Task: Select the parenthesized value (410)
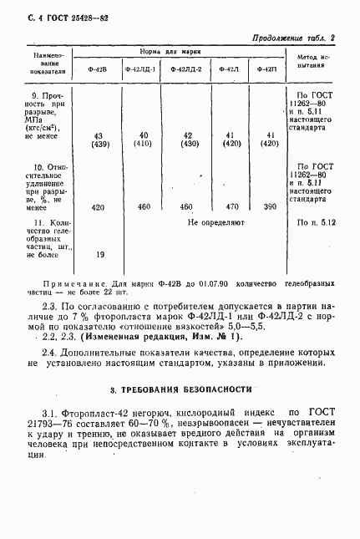[144, 144]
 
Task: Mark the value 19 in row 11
[100, 254]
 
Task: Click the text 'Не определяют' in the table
[215, 223]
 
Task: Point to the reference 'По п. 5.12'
[316, 223]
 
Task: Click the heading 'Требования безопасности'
[180, 390]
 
